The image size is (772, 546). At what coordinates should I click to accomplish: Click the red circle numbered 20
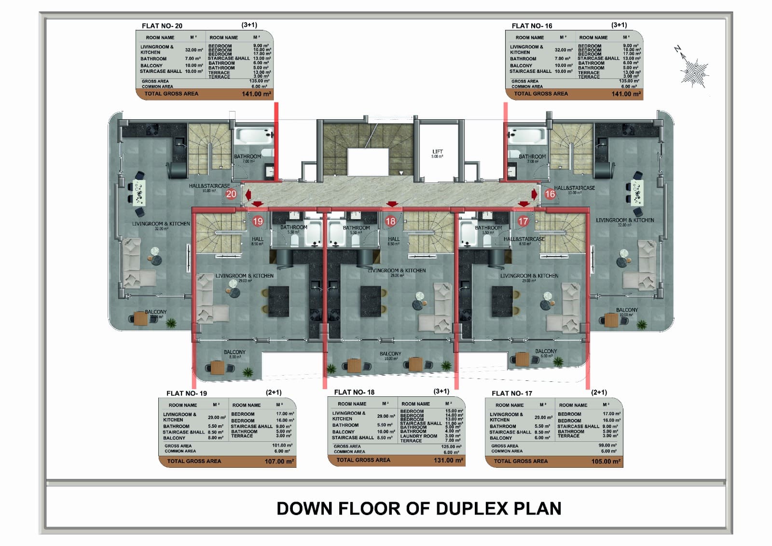(231, 194)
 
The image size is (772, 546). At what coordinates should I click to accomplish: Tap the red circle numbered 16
(550, 194)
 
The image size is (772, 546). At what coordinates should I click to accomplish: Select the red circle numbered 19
(258, 221)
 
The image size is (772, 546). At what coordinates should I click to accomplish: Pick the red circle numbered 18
(390, 221)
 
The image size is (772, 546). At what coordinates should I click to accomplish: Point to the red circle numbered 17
(523, 221)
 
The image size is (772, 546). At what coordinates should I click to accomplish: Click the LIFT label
(437, 152)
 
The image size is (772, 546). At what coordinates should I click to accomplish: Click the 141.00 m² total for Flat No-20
(256, 94)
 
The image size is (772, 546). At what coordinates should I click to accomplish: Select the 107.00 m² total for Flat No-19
(279, 462)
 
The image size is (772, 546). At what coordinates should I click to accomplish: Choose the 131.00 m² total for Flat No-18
(448, 461)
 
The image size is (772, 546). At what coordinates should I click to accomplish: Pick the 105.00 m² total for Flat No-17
(606, 462)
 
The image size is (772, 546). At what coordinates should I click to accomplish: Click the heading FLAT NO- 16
(532, 26)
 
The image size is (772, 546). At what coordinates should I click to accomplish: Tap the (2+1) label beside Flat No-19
(274, 392)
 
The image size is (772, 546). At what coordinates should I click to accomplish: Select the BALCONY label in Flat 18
(390, 354)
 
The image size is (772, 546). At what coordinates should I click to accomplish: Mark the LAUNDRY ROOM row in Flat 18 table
(418, 436)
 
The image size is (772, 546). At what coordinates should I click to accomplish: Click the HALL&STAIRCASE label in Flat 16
(574, 188)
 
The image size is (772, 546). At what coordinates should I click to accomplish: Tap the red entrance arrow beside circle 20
(248, 195)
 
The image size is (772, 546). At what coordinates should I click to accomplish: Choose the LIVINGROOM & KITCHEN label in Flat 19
(244, 276)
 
